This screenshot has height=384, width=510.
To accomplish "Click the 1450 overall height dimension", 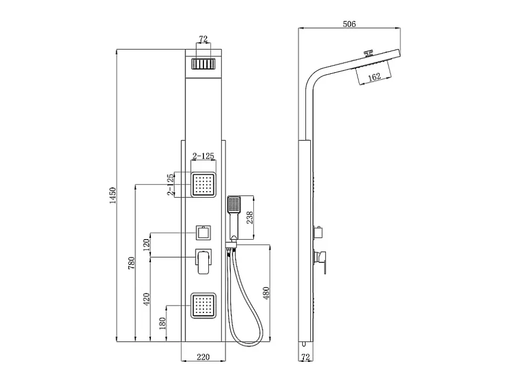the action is click(x=113, y=195).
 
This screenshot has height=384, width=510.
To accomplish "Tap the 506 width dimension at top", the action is click(x=349, y=24).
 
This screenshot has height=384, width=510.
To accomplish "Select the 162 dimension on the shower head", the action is click(x=374, y=77).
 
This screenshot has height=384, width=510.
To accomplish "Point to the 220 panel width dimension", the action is click(x=203, y=357).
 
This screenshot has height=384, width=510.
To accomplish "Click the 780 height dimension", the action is click(x=131, y=263).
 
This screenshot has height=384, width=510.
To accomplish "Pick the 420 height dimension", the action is click(x=146, y=299).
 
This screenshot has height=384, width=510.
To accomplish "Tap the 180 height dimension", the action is click(x=162, y=323).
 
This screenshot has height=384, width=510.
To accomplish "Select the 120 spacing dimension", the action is click(x=146, y=245).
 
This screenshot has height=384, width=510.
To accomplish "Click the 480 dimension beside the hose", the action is click(x=266, y=293).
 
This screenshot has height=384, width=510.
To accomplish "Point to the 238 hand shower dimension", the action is click(x=250, y=218).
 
